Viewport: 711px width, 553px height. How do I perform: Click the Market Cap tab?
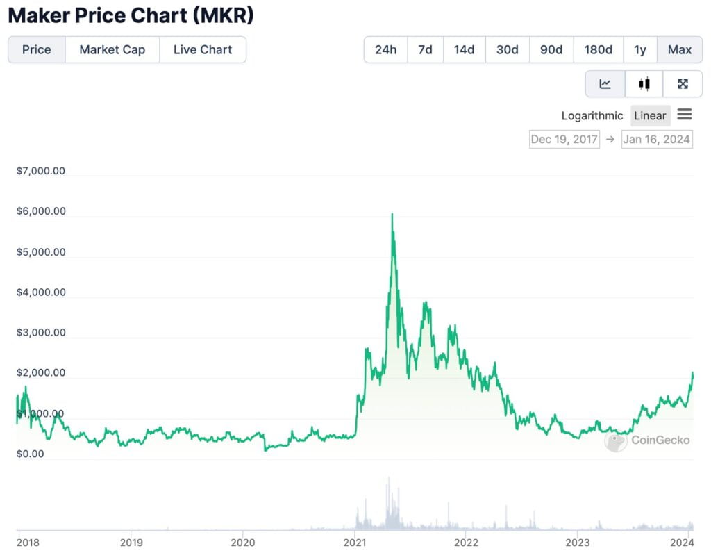click(112, 50)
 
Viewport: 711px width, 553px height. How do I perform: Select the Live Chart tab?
click(202, 50)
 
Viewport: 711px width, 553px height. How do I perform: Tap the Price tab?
click(37, 50)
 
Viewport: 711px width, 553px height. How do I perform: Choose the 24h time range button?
click(385, 50)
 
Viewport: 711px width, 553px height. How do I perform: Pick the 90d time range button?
click(551, 50)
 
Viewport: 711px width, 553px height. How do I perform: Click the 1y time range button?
click(639, 50)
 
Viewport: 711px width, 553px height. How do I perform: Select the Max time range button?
click(679, 50)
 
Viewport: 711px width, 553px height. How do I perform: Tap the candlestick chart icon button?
click(644, 84)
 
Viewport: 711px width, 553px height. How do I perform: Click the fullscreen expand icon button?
click(683, 84)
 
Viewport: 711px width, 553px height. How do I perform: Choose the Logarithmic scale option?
click(592, 116)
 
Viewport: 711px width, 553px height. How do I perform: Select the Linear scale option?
click(650, 116)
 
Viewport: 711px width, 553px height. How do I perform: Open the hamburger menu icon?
click(684, 115)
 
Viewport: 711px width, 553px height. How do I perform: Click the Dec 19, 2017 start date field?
click(564, 139)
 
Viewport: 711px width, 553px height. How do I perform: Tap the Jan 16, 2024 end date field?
click(657, 139)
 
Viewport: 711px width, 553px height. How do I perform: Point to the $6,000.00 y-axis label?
click(41, 211)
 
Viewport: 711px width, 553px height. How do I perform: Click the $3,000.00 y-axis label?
click(41, 332)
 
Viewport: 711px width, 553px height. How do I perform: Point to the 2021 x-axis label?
click(355, 542)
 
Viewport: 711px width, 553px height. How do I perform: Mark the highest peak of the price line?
click(392, 214)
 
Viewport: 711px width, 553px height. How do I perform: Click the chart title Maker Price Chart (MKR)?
click(131, 15)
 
